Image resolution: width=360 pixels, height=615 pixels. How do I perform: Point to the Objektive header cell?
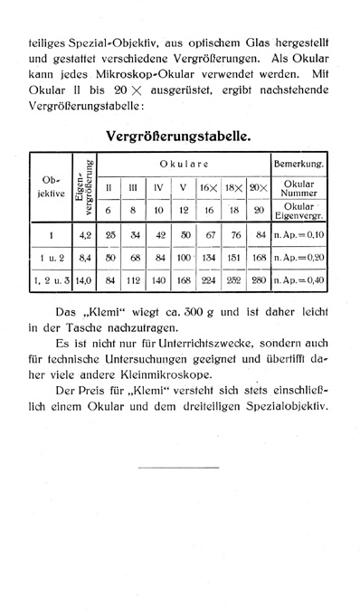(51, 188)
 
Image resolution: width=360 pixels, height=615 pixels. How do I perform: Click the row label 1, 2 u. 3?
(51, 280)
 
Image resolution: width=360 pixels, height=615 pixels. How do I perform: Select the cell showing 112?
(135, 280)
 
